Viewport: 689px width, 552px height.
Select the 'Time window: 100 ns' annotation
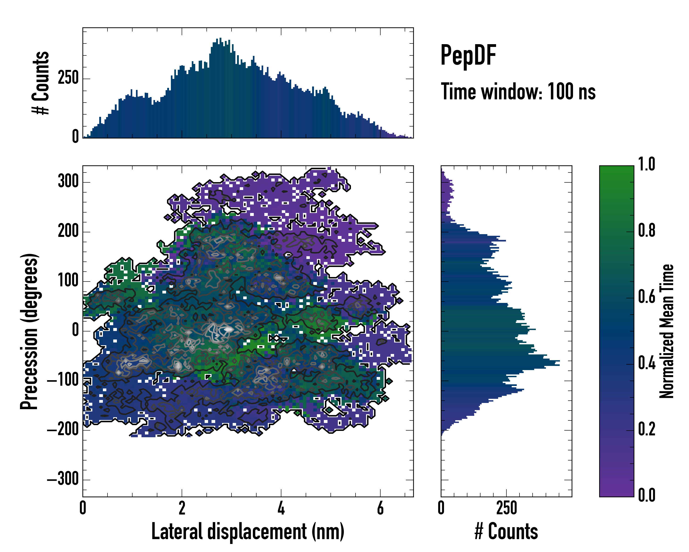pos(518,92)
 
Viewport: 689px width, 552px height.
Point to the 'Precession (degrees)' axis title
pos(29,331)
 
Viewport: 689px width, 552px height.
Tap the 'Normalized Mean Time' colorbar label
pos(667,331)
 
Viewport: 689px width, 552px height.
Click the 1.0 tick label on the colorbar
pos(647,164)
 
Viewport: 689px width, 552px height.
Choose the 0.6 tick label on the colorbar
pos(647,297)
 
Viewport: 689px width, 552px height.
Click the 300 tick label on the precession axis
pos(68,181)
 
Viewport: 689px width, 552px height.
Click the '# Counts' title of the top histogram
pos(41,83)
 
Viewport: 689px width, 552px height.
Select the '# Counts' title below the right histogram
pos(506,532)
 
